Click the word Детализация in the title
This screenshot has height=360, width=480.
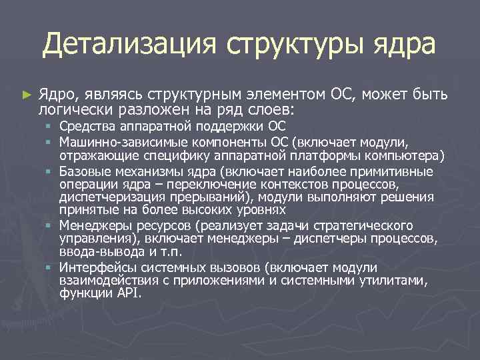[x=129, y=45]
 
